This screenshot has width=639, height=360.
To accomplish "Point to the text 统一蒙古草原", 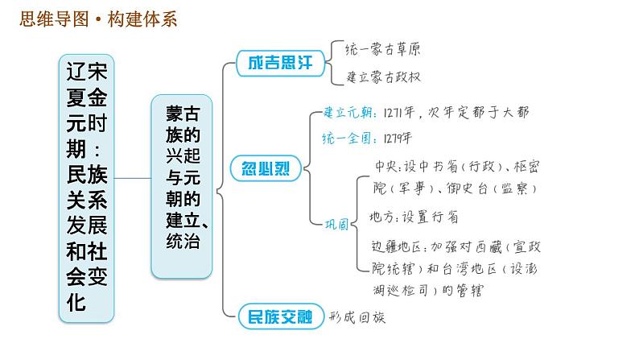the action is (x=383, y=49).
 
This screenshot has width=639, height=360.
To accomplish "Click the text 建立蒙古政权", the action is (x=383, y=77).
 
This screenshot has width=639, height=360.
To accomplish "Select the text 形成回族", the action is (x=358, y=317).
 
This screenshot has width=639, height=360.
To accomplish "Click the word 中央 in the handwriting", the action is (x=388, y=168).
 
